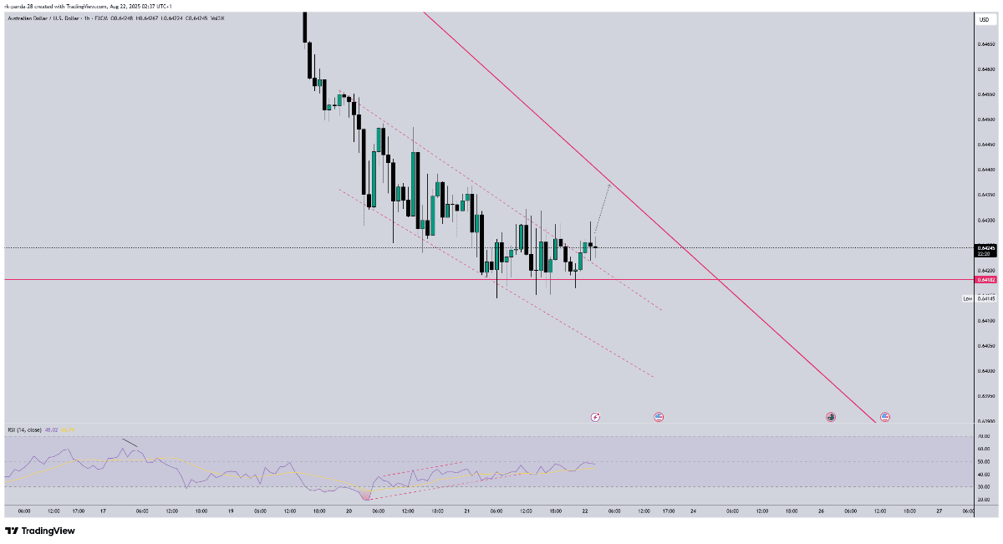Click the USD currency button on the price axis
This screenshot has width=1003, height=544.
pyautogui.click(x=984, y=19)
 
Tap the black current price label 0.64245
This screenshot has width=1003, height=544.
pyautogui.click(x=986, y=248)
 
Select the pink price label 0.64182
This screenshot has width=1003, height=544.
pyautogui.click(x=986, y=280)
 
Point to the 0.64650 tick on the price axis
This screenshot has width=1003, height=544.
pyautogui.click(x=986, y=44)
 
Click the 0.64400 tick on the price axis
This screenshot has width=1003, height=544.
pyautogui.click(x=986, y=170)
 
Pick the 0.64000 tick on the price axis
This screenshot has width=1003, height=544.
pyautogui.click(x=986, y=371)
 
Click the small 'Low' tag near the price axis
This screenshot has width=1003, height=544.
pyautogui.click(x=967, y=298)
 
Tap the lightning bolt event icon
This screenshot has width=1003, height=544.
pyautogui.click(x=595, y=416)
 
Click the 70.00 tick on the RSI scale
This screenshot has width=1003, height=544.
pyautogui.click(x=985, y=436)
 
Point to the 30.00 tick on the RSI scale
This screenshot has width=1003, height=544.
pyautogui.click(x=985, y=486)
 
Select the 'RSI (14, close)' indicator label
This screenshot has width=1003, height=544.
pyautogui.click(x=24, y=430)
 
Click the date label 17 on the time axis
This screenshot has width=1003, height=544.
pyautogui.click(x=102, y=511)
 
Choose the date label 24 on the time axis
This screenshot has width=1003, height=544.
pyautogui.click(x=693, y=511)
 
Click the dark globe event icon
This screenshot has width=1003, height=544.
pyautogui.click(x=831, y=415)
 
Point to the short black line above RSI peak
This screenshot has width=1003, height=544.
pyautogui.click(x=130, y=443)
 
